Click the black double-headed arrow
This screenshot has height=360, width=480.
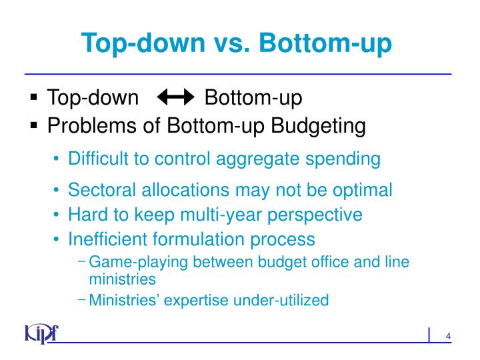pos(174,99)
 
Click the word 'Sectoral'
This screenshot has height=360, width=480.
pos(101,190)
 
